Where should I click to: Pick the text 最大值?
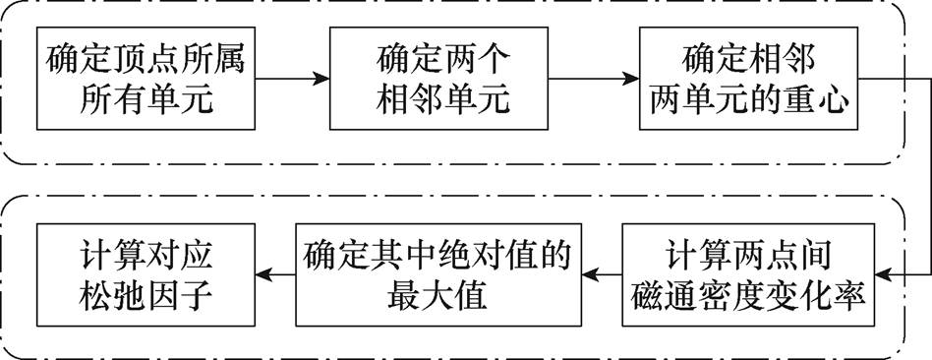pyautogui.click(x=437, y=293)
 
